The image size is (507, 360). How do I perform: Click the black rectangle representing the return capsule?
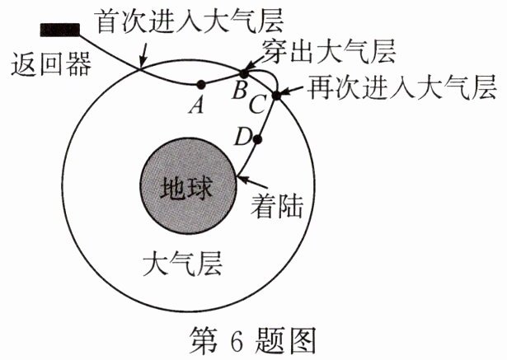click(x=59, y=30)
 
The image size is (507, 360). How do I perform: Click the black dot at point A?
click(x=200, y=84)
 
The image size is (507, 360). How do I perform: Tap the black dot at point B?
click(x=244, y=73)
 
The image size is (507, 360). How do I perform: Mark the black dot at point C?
click(x=276, y=96)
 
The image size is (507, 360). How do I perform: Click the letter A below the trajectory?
click(x=195, y=105)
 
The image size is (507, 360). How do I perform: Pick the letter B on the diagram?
click(x=238, y=91)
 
